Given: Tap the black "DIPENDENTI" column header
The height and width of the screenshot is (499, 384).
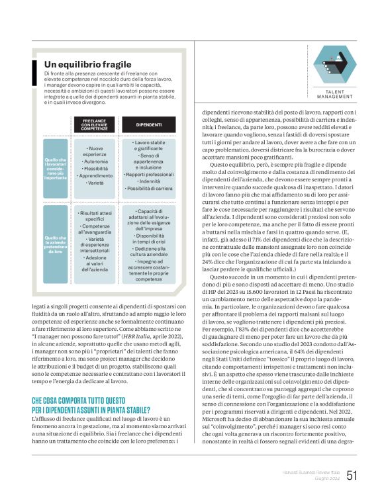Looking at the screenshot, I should pos(148,124).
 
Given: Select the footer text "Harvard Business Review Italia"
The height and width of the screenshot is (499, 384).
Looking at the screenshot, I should pos(308,473).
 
